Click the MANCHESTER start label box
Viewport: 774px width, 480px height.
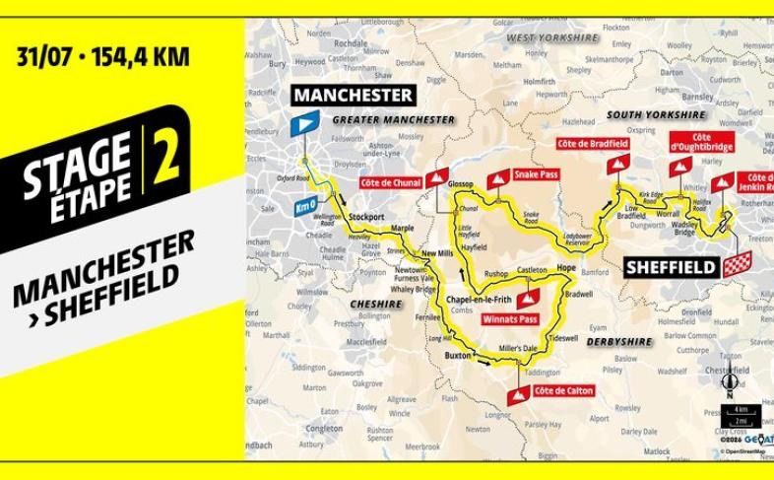(x=352, y=95)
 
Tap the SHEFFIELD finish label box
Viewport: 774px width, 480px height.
(x=670, y=265)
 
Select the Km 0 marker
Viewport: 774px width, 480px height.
(x=305, y=207)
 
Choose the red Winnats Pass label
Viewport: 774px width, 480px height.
(x=508, y=318)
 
